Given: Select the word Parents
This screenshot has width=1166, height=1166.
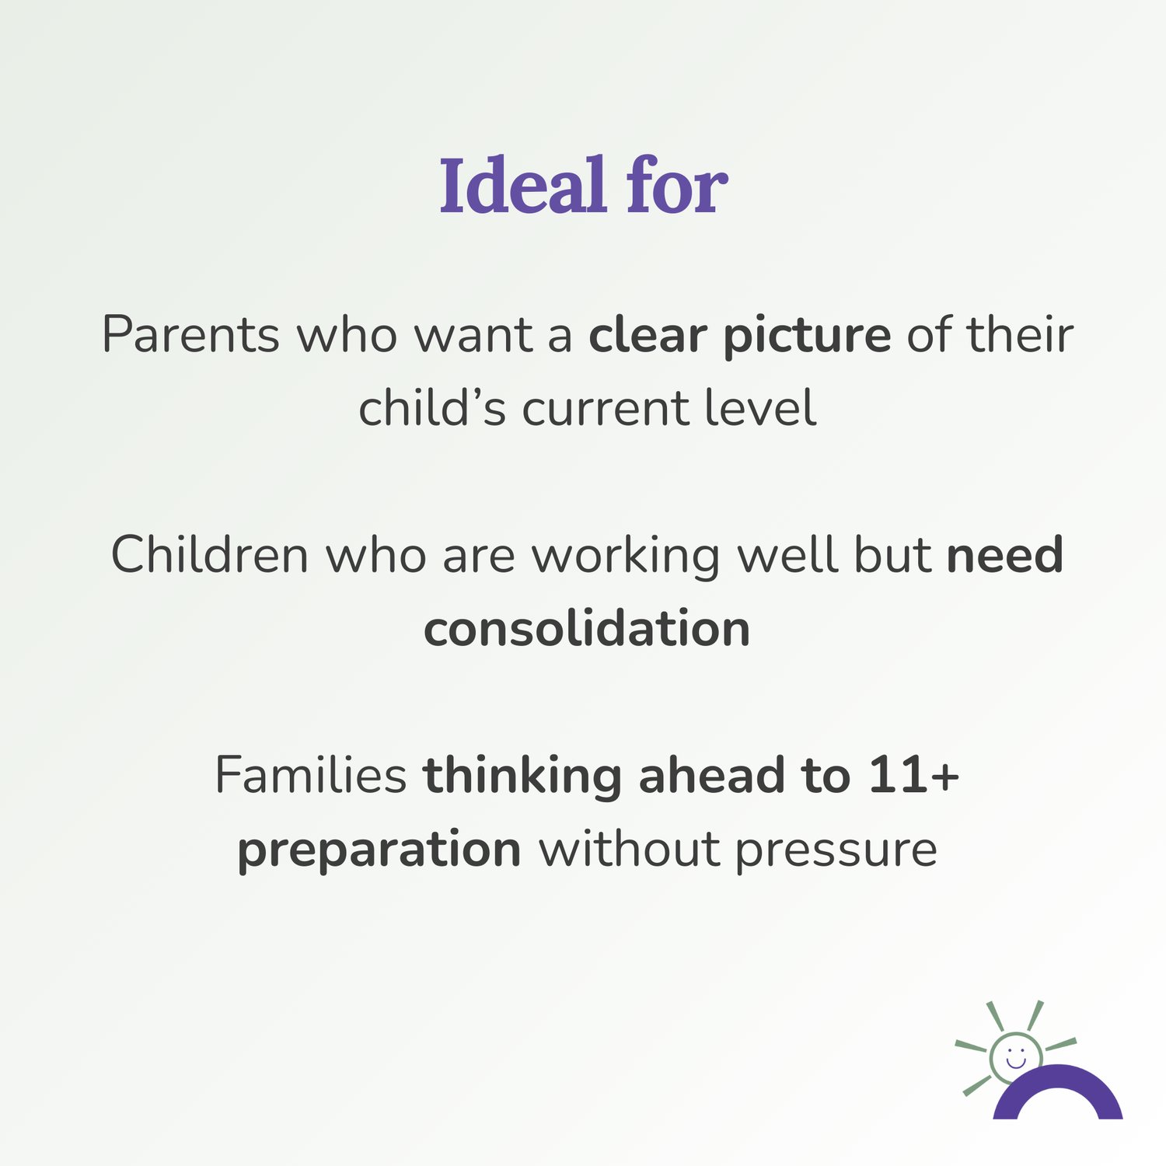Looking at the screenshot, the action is (190, 335).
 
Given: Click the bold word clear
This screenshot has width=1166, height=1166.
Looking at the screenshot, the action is (648, 335).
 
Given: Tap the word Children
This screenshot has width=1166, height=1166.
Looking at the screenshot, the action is (210, 555).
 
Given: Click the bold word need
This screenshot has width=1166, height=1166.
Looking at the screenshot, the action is (1005, 555).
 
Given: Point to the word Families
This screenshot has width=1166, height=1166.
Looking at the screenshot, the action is (311, 775).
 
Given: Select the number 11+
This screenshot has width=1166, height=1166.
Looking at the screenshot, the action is (914, 777).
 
